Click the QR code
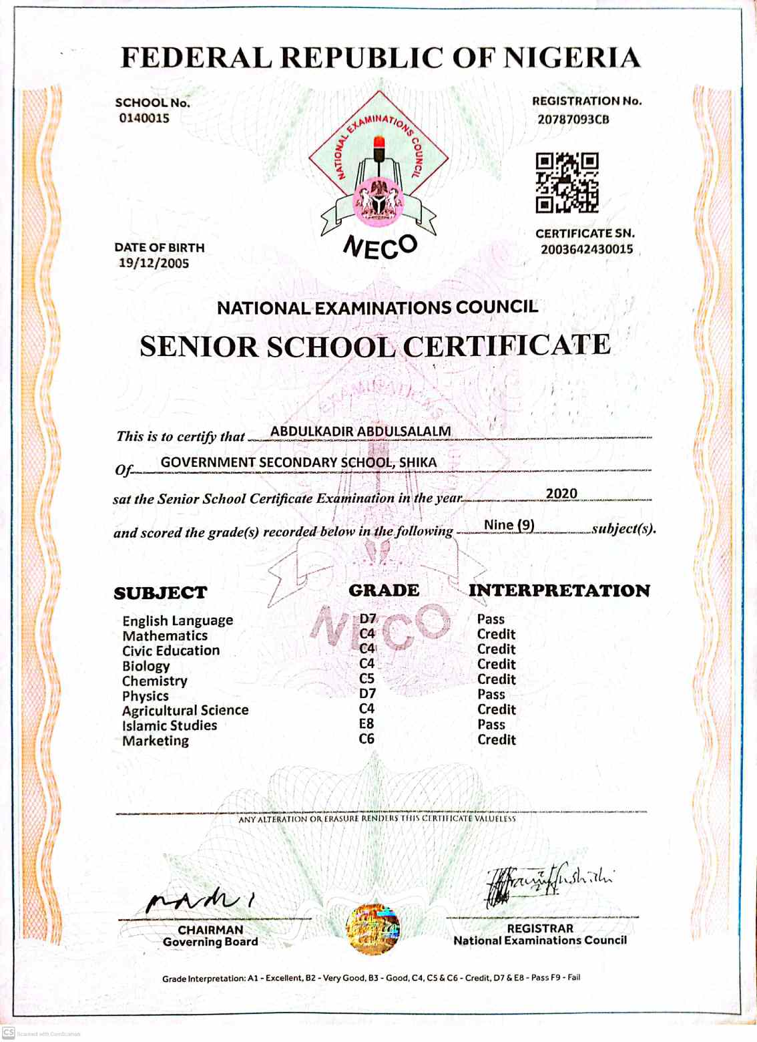(x=567, y=182)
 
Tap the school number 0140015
(x=144, y=118)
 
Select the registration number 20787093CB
(x=573, y=120)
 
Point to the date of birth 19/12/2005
(x=154, y=263)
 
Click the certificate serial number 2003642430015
(x=587, y=249)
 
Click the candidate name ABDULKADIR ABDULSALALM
(x=360, y=431)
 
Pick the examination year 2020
(x=561, y=494)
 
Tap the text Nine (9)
(x=509, y=525)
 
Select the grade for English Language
(x=368, y=619)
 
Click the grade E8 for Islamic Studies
(x=366, y=724)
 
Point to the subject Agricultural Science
(x=185, y=710)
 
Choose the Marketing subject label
(x=156, y=741)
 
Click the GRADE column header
(x=384, y=590)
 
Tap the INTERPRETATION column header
(x=559, y=590)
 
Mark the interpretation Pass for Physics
(x=491, y=695)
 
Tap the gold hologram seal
(x=373, y=930)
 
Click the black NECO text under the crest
(x=381, y=247)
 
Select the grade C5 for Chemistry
(x=367, y=679)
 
